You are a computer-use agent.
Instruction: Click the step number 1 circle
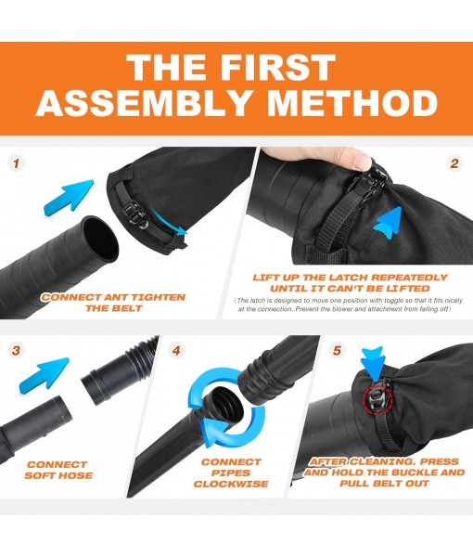pyautogui.click(x=16, y=163)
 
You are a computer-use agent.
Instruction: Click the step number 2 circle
pyautogui.click(x=454, y=163)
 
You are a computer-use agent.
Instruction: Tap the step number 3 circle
pyautogui.click(x=16, y=352)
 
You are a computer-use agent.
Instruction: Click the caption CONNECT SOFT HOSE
pyautogui.click(x=58, y=471)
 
